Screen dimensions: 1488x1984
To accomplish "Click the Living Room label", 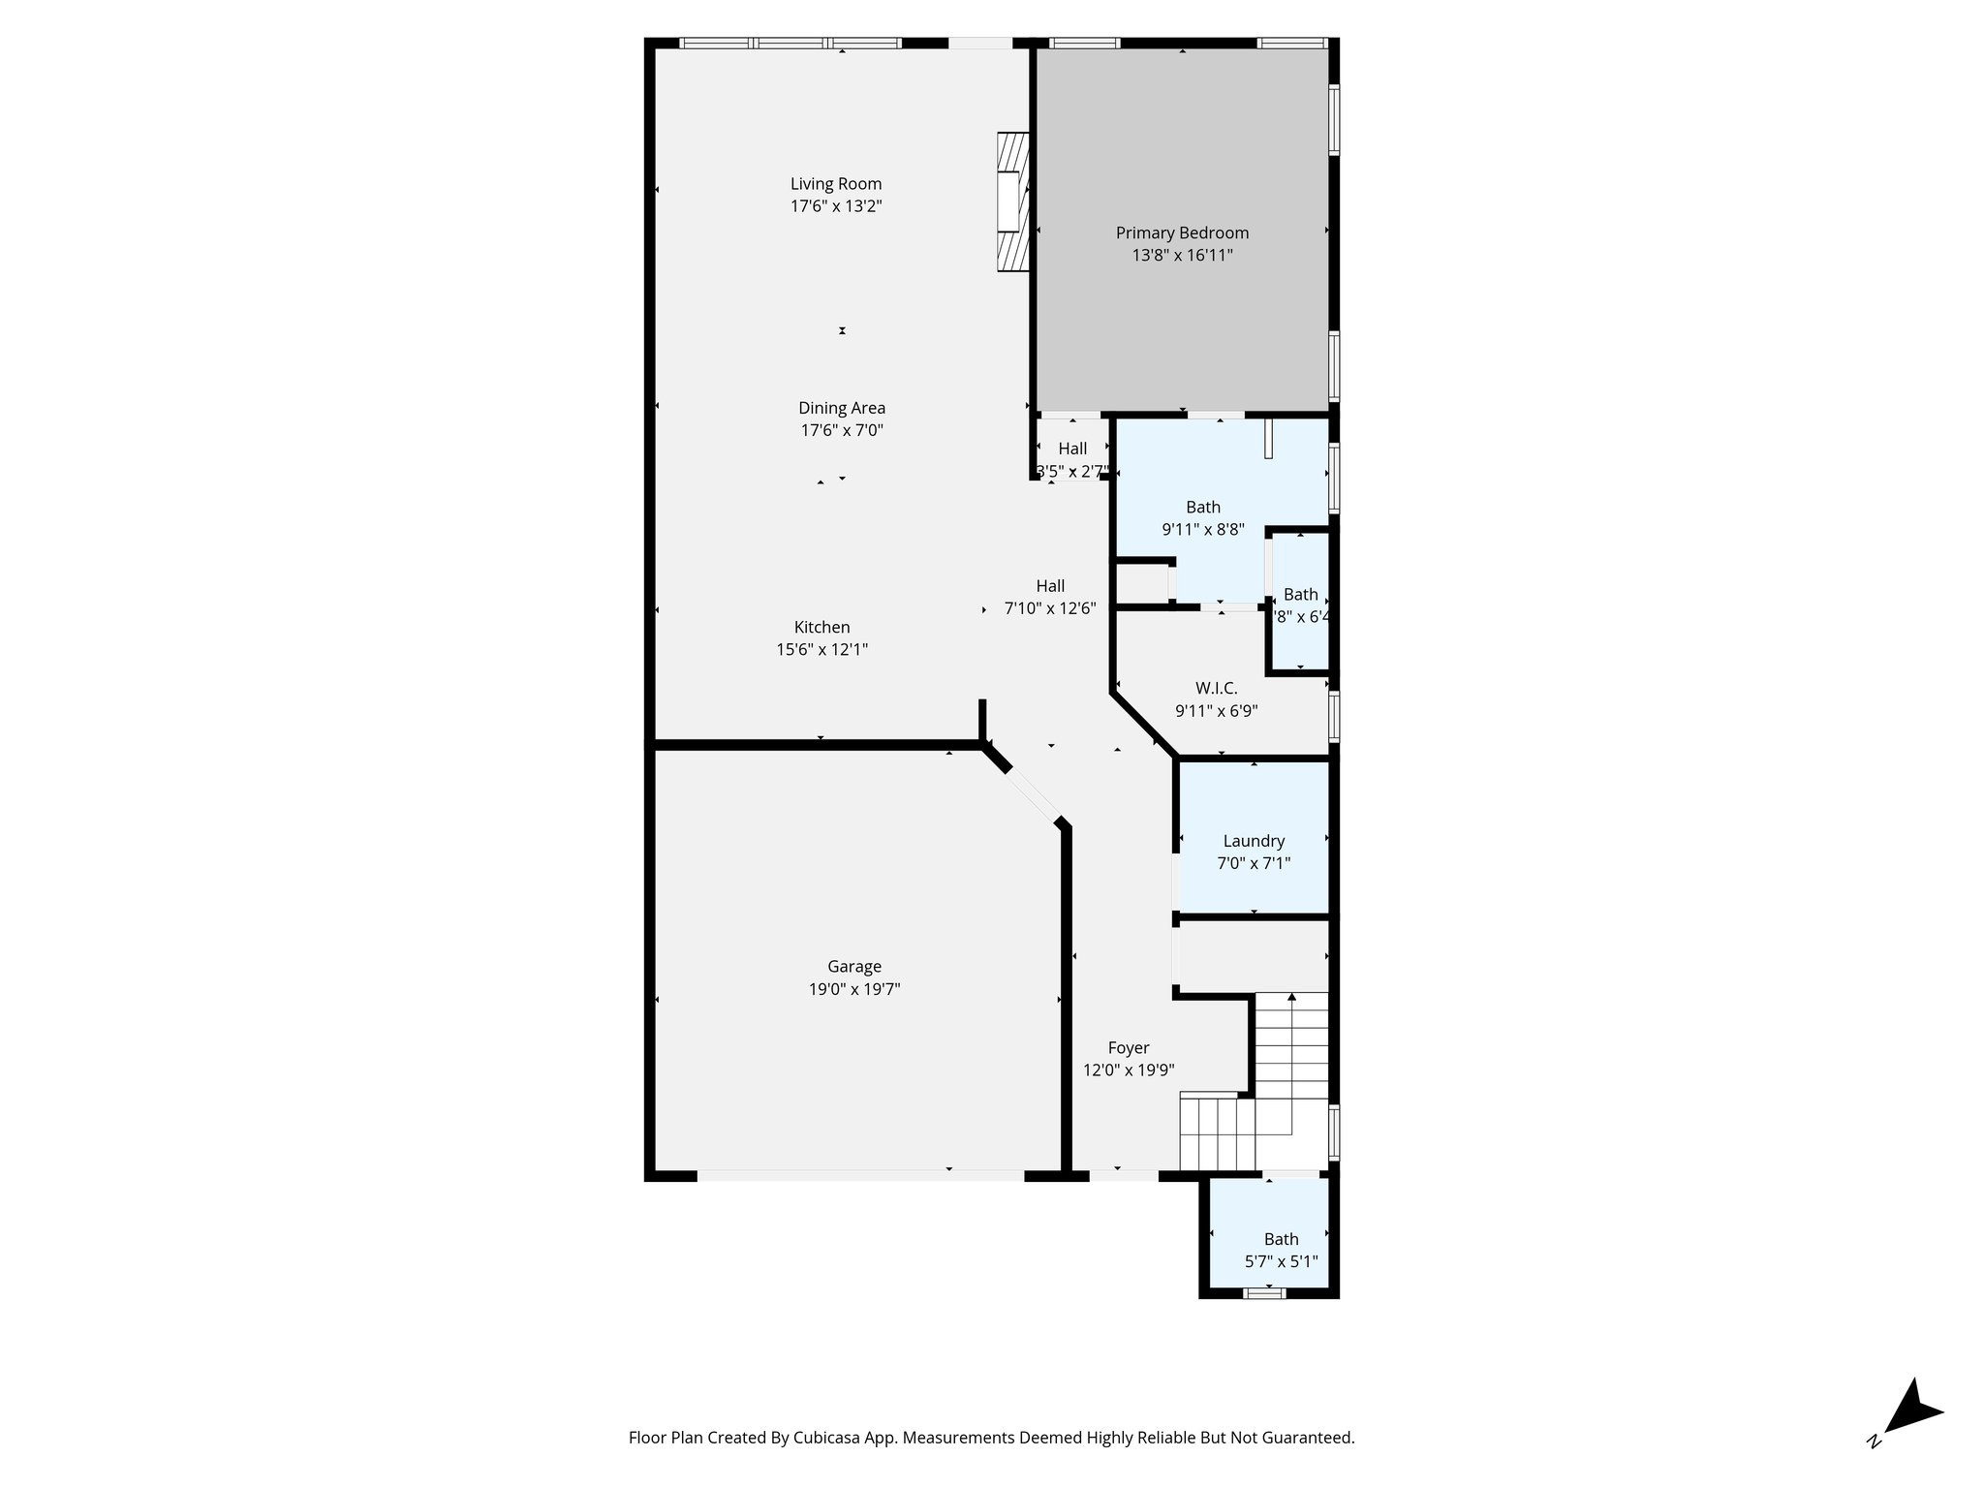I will coord(835,184).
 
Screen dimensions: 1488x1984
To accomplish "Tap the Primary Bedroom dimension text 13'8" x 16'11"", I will coord(1182,256).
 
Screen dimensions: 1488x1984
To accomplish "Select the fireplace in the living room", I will coord(1012,202).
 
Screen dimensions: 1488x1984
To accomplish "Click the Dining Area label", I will coord(841,408).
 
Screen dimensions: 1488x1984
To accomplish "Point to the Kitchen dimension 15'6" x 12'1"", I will coord(821,650).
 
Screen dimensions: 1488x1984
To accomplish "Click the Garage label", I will coord(853,966).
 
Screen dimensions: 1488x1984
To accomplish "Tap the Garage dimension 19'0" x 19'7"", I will coord(853,989).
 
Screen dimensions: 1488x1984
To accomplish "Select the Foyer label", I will coord(1128,1047).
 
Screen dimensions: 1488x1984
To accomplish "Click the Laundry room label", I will coord(1253,841).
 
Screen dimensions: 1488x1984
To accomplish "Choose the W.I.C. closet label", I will coord(1216,688).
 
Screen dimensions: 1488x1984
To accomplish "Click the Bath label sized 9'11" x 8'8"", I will coord(1203,507).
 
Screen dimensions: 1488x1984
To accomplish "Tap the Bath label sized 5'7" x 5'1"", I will coord(1281,1239).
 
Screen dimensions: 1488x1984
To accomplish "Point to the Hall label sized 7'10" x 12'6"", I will coord(1050,586).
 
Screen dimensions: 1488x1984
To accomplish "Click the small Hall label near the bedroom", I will coord(1072,449).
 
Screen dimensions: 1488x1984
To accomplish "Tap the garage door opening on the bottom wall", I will coord(860,1175).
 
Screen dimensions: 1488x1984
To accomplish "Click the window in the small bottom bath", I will coord(1264,1292).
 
